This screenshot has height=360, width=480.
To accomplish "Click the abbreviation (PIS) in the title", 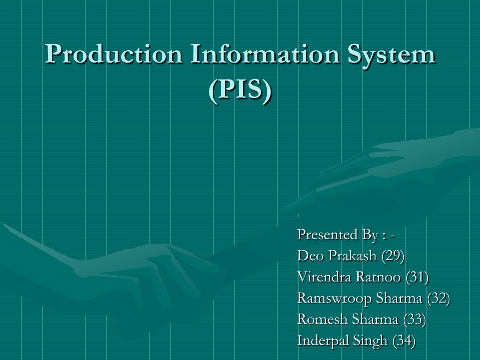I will click(240, 90).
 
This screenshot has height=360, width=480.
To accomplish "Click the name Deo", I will click(310, 256).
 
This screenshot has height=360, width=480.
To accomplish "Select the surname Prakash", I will click(352, 256).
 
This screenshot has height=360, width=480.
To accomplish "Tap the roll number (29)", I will click(393, 256).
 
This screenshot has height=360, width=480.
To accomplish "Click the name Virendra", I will click(324, 277).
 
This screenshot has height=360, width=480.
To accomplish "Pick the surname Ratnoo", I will click(379, 277).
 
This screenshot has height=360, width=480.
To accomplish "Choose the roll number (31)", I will click(417, 277).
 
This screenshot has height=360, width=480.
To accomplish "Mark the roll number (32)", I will click(439, 298).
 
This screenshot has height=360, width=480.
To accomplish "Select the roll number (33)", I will click(415, 319).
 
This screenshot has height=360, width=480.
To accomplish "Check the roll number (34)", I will click(404, 340).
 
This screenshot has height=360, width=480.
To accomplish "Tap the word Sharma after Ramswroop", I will click(400, 298).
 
